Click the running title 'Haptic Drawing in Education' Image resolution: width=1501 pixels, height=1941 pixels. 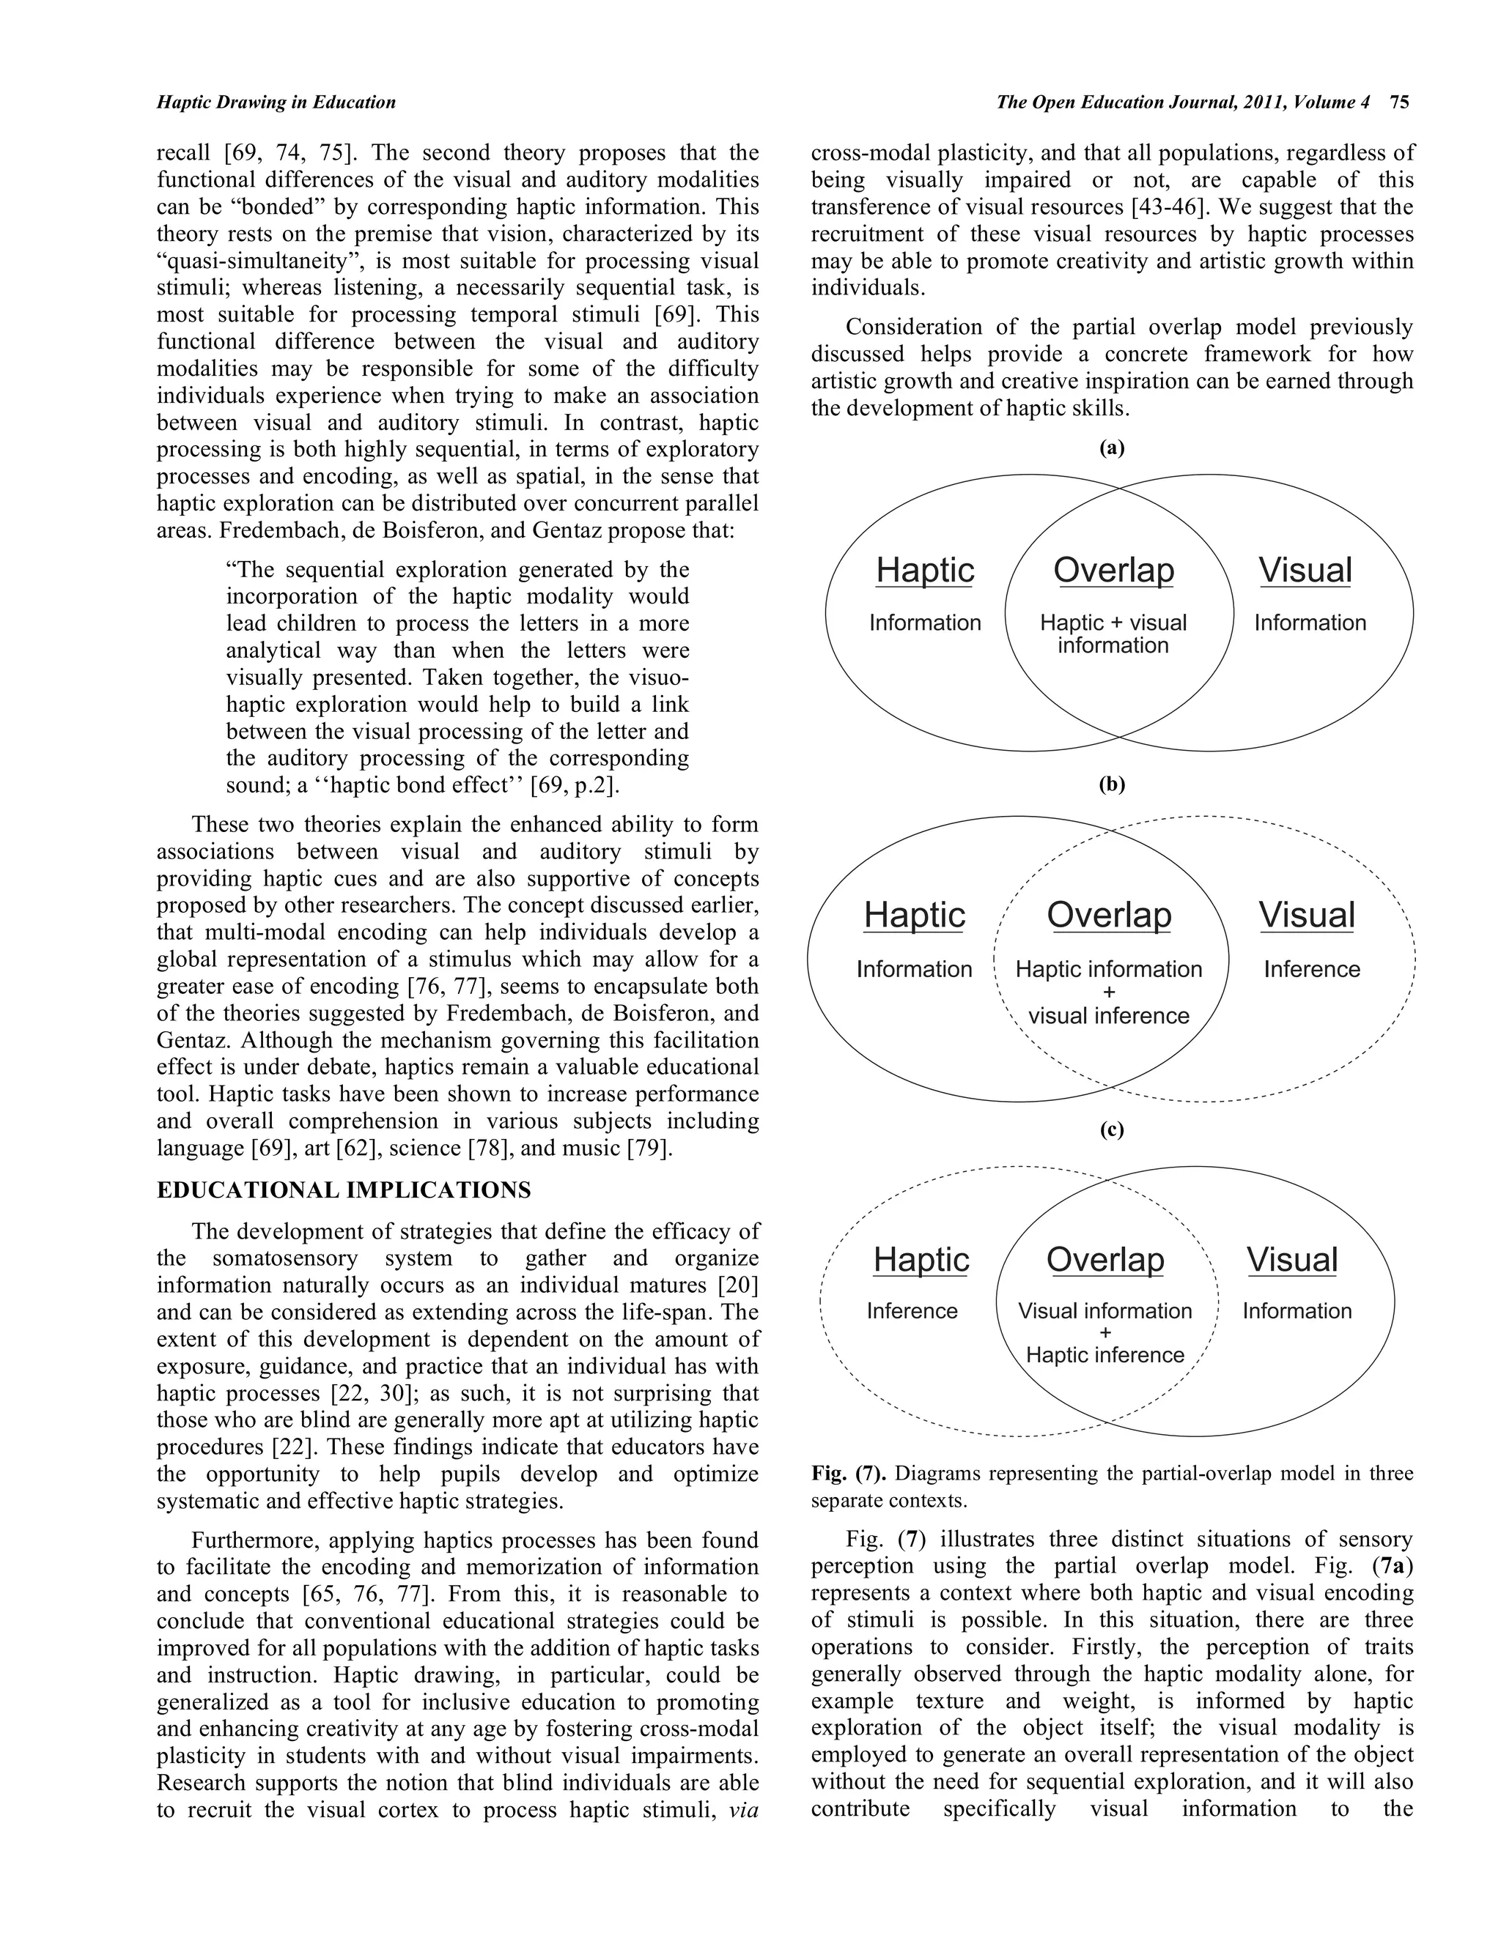coord(276,103)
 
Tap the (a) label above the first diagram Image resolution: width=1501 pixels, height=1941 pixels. coord(1112,448)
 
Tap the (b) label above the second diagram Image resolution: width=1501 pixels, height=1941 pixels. coord(1112,784)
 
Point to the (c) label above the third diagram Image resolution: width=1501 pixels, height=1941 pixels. coord(1112,1129)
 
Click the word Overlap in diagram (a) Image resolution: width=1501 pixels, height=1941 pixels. coord(1113,571)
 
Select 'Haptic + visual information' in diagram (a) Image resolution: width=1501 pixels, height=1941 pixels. coord(1113,634)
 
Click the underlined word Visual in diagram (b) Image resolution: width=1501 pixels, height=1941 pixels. coord(1306,916)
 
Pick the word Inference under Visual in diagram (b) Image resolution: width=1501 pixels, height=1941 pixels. coord(1312,969)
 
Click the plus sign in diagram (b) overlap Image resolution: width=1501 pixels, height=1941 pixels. coord(1109,992)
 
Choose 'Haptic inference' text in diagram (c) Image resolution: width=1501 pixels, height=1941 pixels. coord(1104,1354)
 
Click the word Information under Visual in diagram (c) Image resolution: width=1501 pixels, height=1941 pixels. coord(1297,1311)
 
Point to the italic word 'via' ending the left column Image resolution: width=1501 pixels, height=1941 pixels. coord(742,1811)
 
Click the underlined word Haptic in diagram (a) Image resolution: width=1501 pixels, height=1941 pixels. coord(925,571)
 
